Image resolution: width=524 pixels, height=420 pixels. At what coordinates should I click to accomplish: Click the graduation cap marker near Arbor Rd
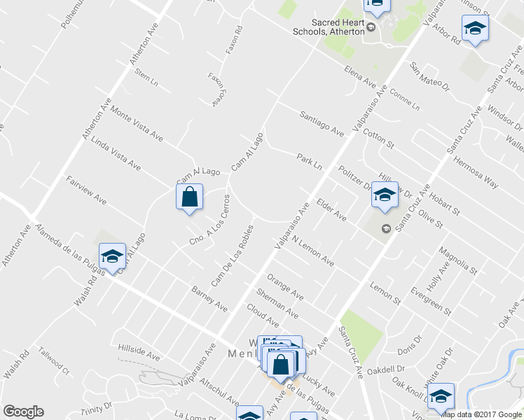[475, 29]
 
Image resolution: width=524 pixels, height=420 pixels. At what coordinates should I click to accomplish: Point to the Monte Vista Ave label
[137, 126]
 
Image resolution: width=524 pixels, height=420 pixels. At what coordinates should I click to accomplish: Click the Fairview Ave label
[86, 190]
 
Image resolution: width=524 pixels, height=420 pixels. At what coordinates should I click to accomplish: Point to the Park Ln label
[309, 161]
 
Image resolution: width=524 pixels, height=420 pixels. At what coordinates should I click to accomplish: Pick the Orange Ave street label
[285, 283]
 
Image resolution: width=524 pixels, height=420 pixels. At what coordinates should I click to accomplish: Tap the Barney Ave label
[209, 298]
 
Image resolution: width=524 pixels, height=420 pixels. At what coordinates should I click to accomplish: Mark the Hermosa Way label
[476, 172]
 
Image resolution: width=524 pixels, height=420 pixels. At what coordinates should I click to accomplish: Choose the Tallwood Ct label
[54, 359]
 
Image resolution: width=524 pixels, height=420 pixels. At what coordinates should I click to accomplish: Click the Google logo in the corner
[23, 411]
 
